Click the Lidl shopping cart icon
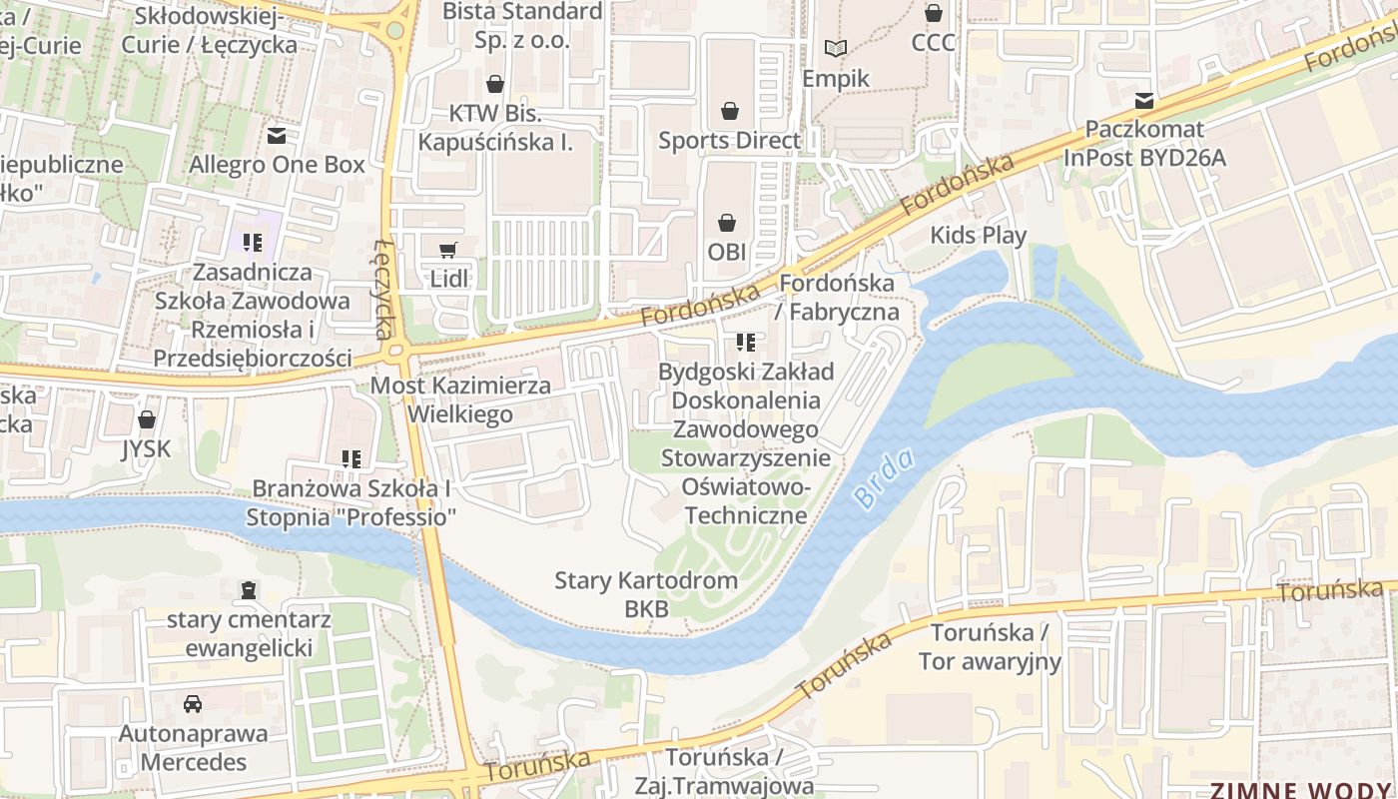tap(448, 250)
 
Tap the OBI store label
tap(727, 252)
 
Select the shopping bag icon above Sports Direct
tap(730, 110)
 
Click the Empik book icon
tap(835, 48)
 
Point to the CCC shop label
tap(933, 43)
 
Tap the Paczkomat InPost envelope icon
tap(1144, 101)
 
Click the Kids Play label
tap(978, 236)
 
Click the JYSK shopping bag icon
tap(147, 419)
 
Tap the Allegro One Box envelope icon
tap(277, 135)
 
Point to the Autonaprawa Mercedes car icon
tap(193, 704)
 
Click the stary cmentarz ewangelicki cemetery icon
tap(249, 590)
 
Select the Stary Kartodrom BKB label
tap(646, 594)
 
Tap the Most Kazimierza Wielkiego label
tap(460, 399)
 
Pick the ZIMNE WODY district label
tap(1302, 790)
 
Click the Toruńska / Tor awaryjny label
tap(990, 647)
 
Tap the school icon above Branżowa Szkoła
tap(350, 459)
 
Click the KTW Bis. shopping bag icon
tap(494, 83)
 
